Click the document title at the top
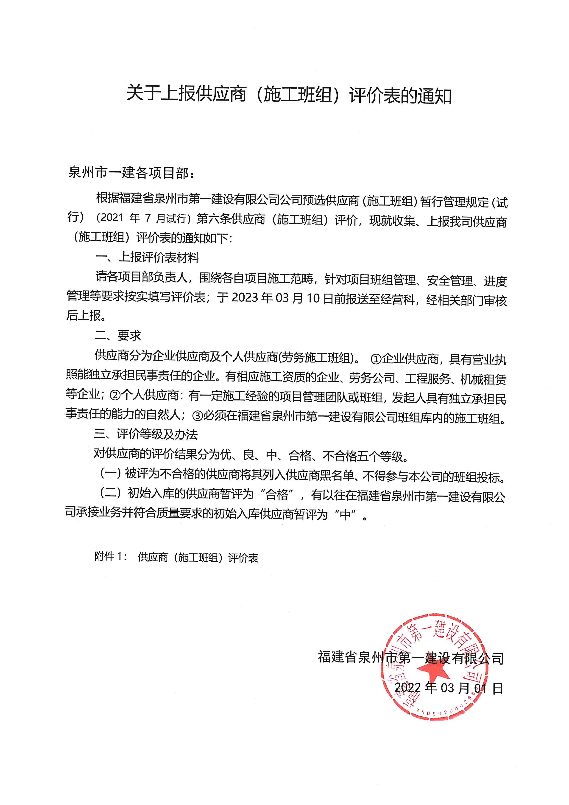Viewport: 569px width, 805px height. coord(288,95)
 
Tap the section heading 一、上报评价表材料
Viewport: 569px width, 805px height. coord(147,258)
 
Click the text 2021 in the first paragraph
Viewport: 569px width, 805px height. coord(112,218)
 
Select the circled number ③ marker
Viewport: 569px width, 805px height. coord(198,416)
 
